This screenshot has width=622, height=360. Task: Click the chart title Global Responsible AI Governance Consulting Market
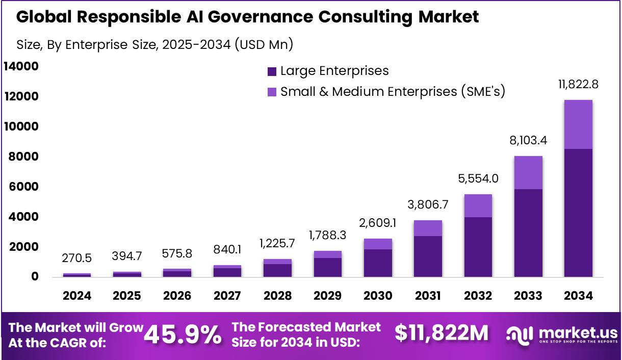tap(248, 17)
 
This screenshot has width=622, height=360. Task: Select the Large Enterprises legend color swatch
tap(272, 71)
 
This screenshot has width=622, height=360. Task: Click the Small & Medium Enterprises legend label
tap(393, 92)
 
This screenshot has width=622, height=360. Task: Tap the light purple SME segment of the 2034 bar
tap(578, 124)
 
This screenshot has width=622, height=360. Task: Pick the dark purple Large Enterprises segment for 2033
tap(528, 233)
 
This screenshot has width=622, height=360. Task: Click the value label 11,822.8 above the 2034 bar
tap(578, 85)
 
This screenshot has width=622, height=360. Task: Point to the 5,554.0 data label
tap(478, 179)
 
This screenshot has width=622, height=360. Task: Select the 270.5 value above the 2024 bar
tap(77, 259)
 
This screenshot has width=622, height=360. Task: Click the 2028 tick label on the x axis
tap(277, 296)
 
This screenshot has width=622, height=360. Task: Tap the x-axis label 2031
tap(428, 296)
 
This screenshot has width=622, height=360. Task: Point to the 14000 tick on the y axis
tap(21, 66)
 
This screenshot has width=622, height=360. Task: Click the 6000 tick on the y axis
tap(21, 187)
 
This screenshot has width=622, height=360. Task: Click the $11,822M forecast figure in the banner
tap(442, 333)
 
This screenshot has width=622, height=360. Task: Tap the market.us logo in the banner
tap(562, 335)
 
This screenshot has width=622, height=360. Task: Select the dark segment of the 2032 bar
tap(478, 247)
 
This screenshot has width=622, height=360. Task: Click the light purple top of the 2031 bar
tap(428, 228)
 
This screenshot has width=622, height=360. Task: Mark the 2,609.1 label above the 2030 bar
tap(378, 223)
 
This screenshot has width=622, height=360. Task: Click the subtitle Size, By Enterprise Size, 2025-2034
tap(155, 44)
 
